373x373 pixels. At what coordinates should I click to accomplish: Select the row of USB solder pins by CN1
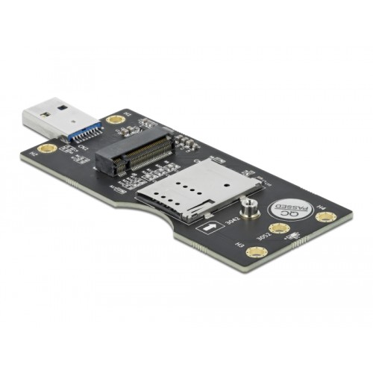pos(94,139)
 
